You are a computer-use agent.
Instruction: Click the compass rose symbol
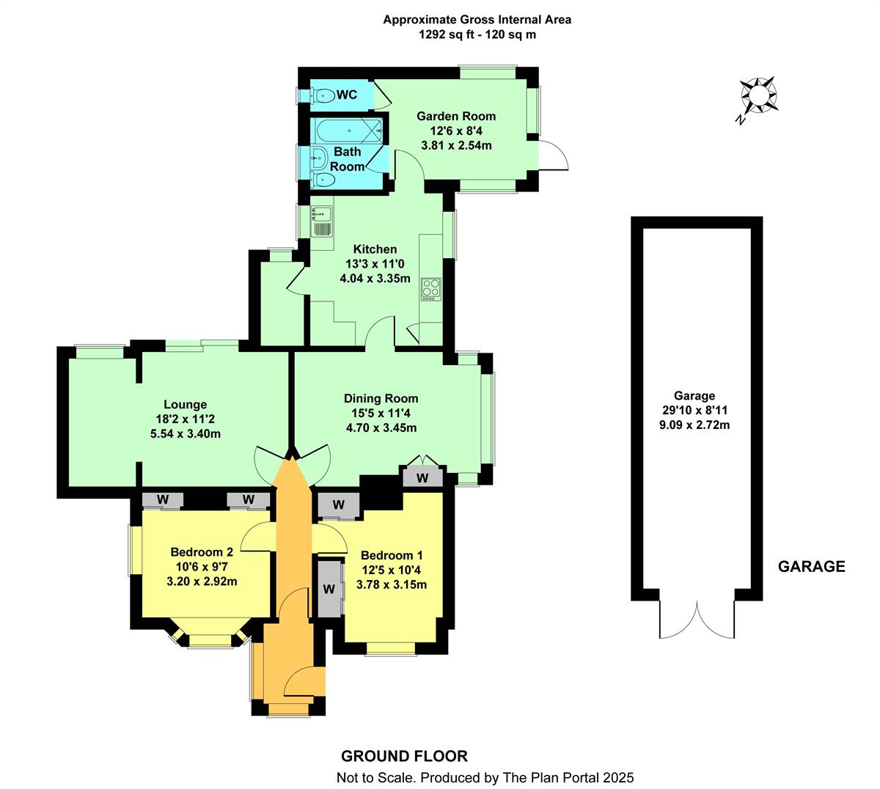758,95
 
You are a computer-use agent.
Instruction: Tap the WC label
347,95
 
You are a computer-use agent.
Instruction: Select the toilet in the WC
323,95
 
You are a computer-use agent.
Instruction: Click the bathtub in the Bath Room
349,131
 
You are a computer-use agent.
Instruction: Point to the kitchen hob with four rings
430,289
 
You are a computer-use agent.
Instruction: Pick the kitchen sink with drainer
322,221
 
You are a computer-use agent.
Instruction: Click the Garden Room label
456,117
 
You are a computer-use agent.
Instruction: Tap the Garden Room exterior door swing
554,155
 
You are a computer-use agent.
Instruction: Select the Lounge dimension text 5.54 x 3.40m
186,433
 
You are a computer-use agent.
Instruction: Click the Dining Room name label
381,398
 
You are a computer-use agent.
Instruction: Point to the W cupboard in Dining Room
422,478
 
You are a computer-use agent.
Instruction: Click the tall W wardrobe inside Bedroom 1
329,589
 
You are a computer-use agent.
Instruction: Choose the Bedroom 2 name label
202,552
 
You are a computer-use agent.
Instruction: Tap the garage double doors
697,620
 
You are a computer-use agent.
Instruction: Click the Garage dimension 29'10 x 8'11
694,410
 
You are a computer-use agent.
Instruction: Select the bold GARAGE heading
811,567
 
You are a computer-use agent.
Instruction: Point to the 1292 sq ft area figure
446,34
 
